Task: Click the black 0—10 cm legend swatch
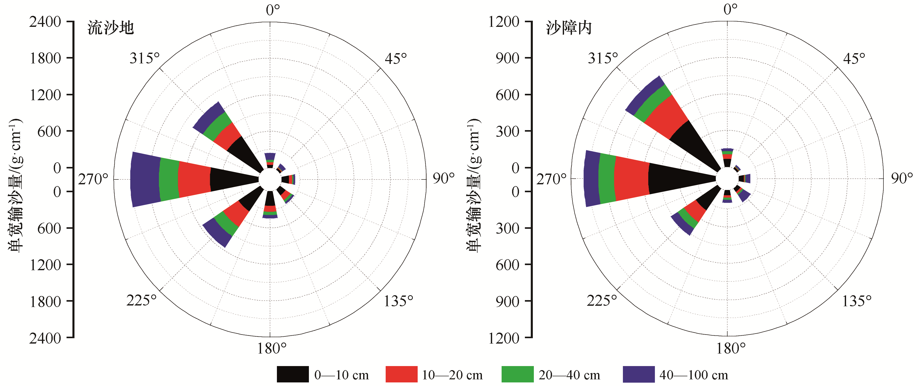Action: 293,374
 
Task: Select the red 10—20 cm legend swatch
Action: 401,374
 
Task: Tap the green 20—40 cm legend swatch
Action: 517,374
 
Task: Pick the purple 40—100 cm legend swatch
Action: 639,374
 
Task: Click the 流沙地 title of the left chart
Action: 111,28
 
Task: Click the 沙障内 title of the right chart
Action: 569,28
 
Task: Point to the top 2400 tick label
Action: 45,22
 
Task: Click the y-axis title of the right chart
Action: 473,185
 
